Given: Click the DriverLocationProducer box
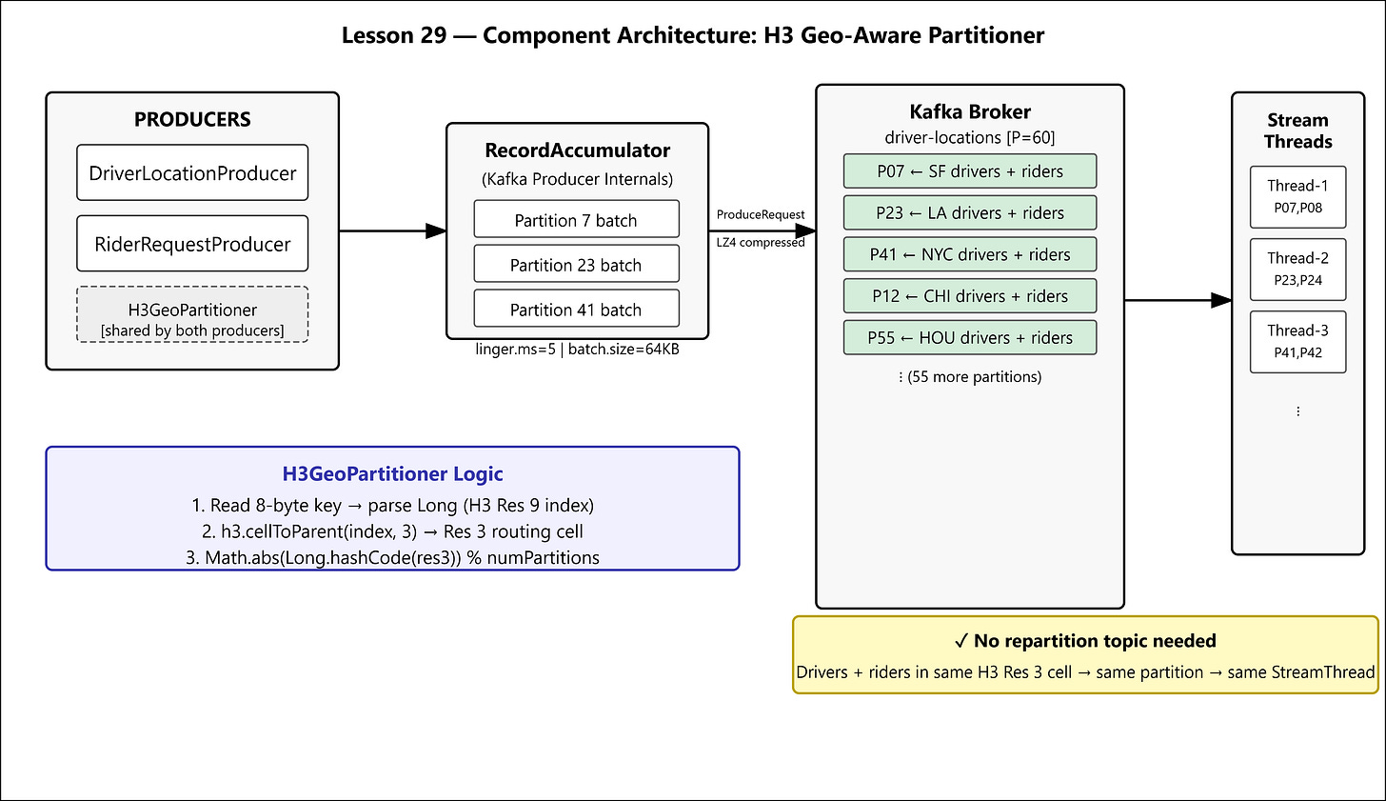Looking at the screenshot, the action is pos(192,172).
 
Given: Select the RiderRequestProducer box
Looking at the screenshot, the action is pos(192,243).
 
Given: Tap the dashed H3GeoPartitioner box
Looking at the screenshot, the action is pos(192,314).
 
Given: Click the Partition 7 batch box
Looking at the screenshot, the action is pos(577,219).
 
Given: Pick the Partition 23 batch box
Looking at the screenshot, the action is pos(577,264).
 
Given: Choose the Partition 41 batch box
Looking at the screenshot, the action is pos(577,309).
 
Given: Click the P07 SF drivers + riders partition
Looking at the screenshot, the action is pos(970,170).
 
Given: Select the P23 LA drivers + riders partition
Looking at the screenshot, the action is pos(970,212).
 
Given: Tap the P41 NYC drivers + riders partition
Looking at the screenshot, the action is pos(970,254).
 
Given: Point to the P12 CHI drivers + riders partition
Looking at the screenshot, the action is pos(970,296).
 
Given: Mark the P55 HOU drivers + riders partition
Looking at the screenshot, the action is pos(970,337).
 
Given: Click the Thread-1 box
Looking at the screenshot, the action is pos(1298,197).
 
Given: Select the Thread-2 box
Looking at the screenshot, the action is pos(1298,270).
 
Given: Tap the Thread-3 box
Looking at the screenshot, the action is pos(1298,342).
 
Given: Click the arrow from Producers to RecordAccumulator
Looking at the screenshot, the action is pos(393,230).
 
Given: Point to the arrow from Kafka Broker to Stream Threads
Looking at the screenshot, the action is pos(1178,300).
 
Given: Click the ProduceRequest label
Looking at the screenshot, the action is pos(761,215).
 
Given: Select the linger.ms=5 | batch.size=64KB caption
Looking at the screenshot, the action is pos(577,350).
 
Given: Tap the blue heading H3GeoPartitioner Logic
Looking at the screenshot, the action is pos(392,473).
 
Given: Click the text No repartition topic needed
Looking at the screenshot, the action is pos(1095,641).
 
